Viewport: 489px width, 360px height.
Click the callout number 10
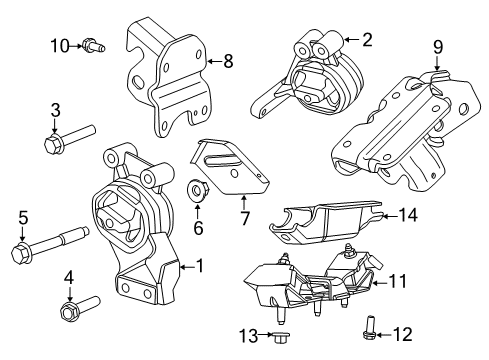[60, 44]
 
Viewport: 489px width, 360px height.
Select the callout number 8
[228, 62]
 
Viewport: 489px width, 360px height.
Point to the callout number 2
[366, 40]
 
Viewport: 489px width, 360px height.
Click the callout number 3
[56, 110]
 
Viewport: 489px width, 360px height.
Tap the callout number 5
[22, 217]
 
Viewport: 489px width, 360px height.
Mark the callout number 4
[69, 278]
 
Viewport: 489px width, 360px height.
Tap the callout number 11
[398, 283]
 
